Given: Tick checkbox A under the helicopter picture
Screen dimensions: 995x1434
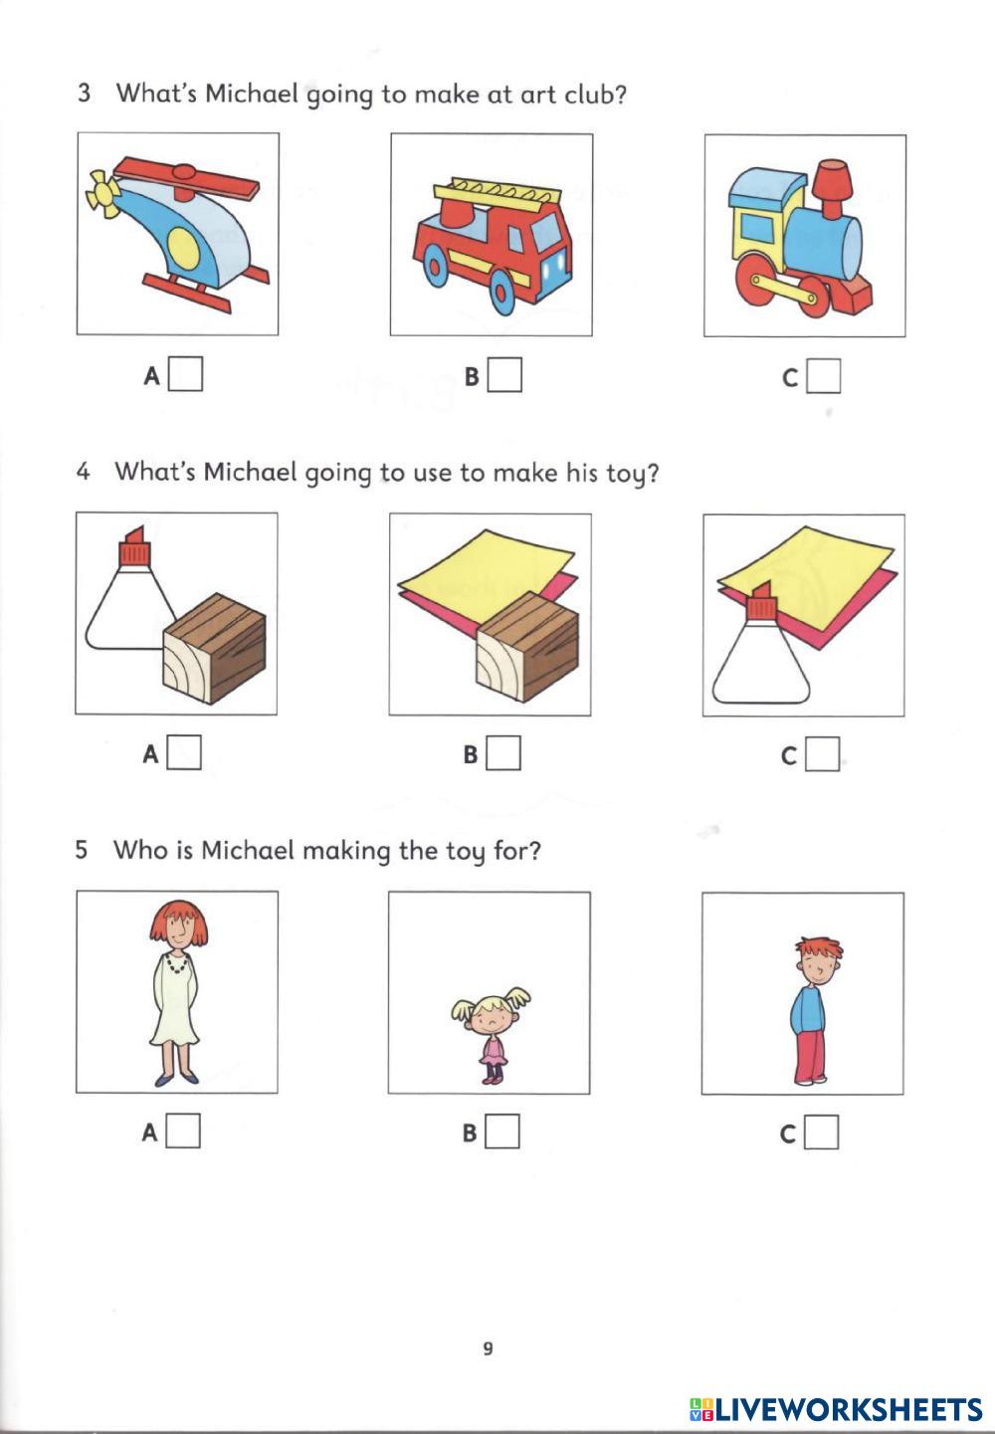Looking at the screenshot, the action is click(x=186, y=374).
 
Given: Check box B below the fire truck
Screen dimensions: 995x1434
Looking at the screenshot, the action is click(x=504, y=374).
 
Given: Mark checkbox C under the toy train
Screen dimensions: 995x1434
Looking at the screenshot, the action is click(x=824, y=376).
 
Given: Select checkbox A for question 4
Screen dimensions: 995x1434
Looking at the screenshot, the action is click(x=184, y=752).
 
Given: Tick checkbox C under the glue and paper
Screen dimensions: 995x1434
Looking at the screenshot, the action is click(x=822, y=754).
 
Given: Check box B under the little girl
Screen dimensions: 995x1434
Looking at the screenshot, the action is click(x=502, y=1131).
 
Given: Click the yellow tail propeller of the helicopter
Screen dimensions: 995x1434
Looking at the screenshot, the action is click(x=102, y=193).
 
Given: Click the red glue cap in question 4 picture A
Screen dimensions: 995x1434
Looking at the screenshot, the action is click(x=134, y=546).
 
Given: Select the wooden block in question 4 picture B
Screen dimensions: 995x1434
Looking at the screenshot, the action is click(x=526, y=647).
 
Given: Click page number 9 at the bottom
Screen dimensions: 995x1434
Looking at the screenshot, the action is click(x=488, y=1348).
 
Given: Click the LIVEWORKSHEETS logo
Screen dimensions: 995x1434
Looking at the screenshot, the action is click(x=836, y=1409).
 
